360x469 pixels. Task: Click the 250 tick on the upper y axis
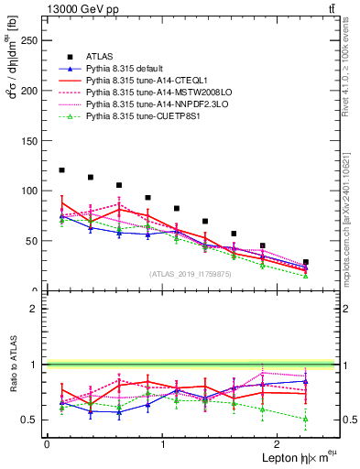29,41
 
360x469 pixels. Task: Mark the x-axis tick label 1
163,443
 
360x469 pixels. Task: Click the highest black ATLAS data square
61,170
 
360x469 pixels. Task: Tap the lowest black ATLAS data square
306,262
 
